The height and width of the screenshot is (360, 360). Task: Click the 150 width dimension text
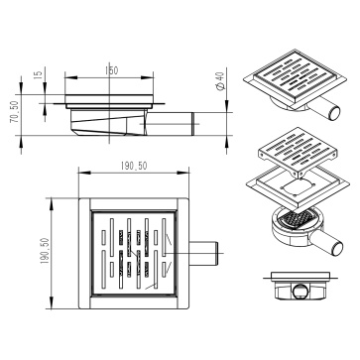tap(111, 70)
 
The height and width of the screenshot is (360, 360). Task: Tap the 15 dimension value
tap(39, 74)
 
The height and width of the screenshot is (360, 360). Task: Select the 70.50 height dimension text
tap(15, 112)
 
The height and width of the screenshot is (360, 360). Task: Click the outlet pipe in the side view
tap(171, 124)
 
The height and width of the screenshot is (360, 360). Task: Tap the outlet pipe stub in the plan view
tap(203, 254)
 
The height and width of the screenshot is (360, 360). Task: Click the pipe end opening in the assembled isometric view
tap(334, 113)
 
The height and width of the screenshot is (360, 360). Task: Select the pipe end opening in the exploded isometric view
tap(337, 249)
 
